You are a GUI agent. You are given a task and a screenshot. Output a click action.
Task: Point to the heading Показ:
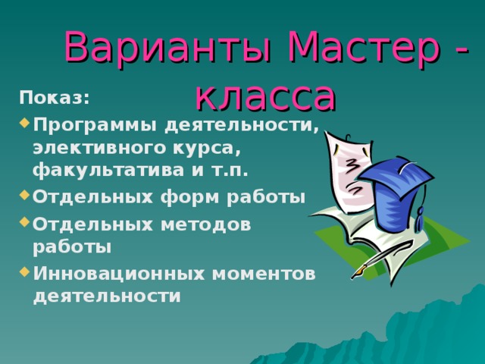pos(54,98)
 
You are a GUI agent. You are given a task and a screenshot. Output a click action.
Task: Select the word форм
pos(180,196)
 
